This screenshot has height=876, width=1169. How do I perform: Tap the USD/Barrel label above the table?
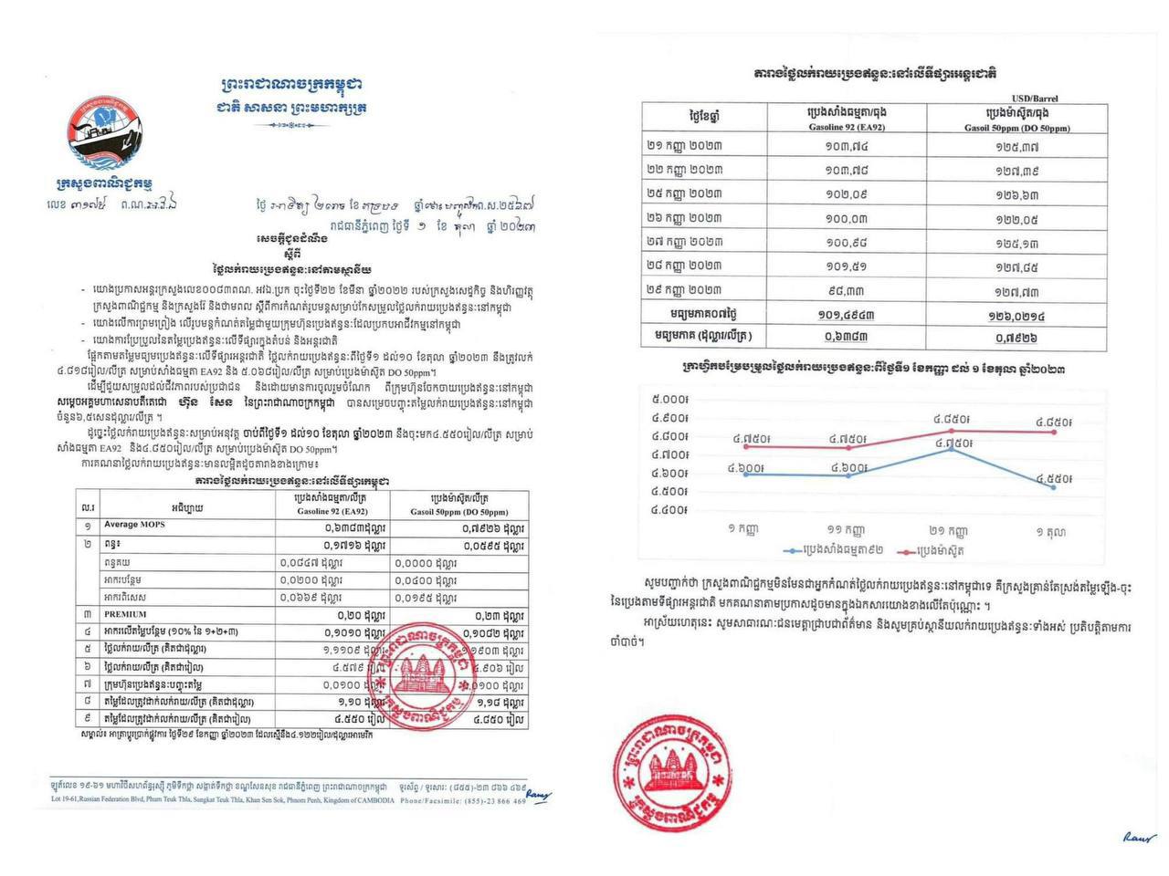click(1035, 98)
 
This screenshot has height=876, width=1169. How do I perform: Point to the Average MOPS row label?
click(133, 525)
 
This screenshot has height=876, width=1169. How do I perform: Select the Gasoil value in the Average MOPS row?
click(491, 527)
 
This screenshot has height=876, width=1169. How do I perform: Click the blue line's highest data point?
click(952, 449)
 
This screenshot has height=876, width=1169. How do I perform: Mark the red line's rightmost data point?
click(1054, 432)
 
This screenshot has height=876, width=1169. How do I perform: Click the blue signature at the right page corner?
click(1140, 837)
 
